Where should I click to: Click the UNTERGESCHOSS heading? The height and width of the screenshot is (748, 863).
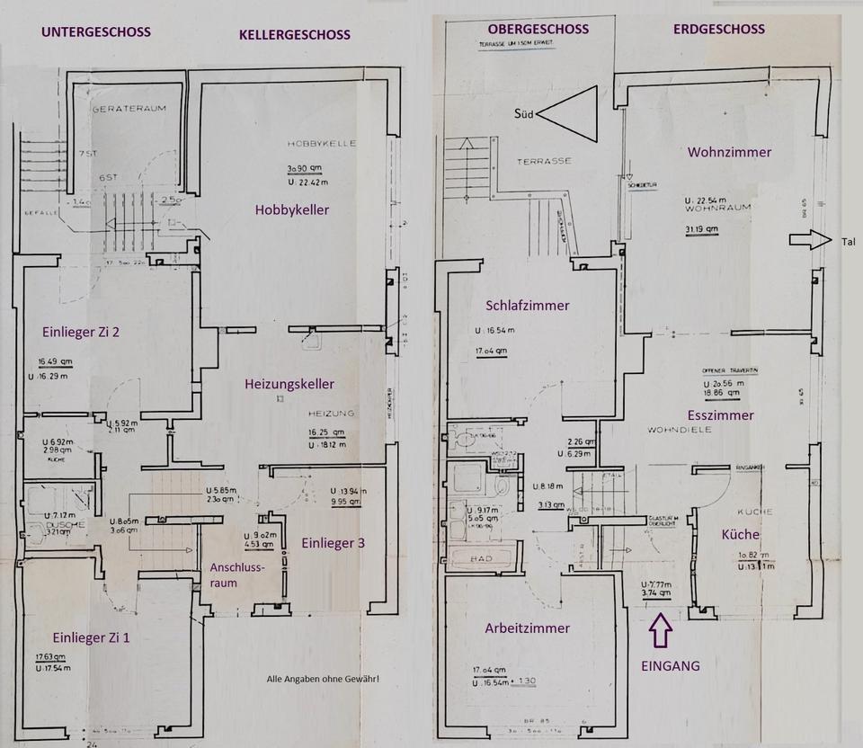[96, 32]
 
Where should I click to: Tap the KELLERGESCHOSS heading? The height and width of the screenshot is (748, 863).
[294, 35]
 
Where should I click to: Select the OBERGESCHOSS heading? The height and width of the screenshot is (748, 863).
[538, 29]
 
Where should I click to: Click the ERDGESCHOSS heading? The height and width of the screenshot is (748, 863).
[718, 29]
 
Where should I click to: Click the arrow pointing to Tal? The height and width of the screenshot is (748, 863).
[806, 240]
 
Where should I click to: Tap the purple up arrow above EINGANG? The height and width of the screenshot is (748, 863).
[660, 630]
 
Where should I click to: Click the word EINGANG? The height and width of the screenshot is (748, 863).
[669, 667]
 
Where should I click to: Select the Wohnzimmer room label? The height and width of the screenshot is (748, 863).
[729, 152]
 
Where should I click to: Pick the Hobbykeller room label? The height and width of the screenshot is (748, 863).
[291, 210]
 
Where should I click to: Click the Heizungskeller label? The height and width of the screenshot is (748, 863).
[289, 384]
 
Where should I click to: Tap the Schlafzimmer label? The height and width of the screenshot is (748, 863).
[527, 305]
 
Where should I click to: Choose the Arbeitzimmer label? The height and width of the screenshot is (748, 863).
[527, 628]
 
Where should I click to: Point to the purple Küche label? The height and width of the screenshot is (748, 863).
[740, 534]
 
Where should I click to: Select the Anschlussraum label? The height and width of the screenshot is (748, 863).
[236, 575]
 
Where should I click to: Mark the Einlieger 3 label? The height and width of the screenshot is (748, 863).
[333, 543]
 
